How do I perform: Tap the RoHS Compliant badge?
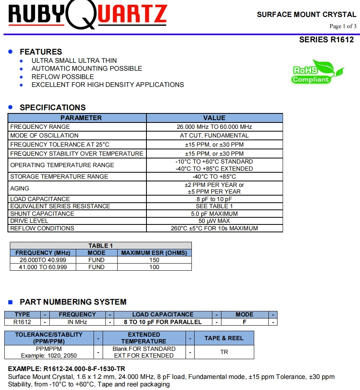point(317,72)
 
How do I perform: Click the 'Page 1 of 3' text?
point(343,26)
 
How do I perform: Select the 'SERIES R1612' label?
point(326,40)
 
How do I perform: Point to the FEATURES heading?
point(41,52)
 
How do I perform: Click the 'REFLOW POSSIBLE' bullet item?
point(63,77)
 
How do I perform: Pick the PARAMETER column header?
point(81,118)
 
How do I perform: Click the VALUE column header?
point(214,118)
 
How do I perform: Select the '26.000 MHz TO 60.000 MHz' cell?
point(214,127)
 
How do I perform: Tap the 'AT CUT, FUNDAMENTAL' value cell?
point(214,136)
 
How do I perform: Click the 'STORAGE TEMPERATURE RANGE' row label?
point(59,177)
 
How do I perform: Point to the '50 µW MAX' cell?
point(214,221)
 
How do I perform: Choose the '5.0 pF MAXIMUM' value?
point(214,214)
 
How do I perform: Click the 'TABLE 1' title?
point(100,246)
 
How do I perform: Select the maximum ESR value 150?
point(154,260)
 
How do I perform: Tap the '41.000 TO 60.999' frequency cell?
point(43,267)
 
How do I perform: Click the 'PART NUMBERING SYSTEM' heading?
point(73,302)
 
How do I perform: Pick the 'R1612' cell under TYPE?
point(22,322)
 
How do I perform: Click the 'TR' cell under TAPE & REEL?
point(224,352)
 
